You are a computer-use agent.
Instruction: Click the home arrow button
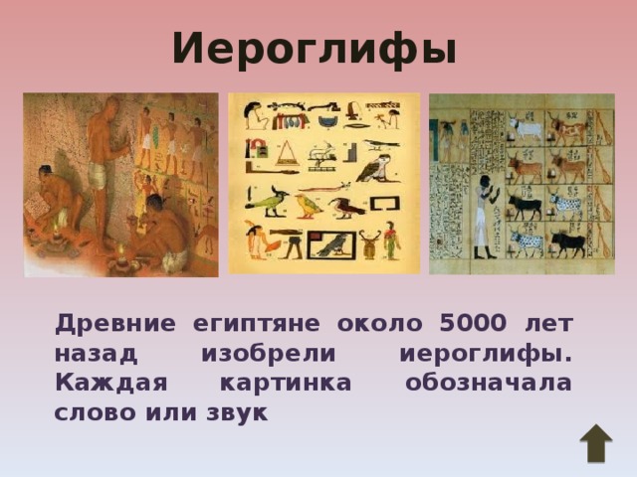pos(595,443)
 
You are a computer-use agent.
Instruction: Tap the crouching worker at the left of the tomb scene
pos(55,194)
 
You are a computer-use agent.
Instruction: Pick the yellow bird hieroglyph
pos(310,206)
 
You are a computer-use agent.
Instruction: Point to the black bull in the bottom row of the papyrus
pos(567,244)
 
